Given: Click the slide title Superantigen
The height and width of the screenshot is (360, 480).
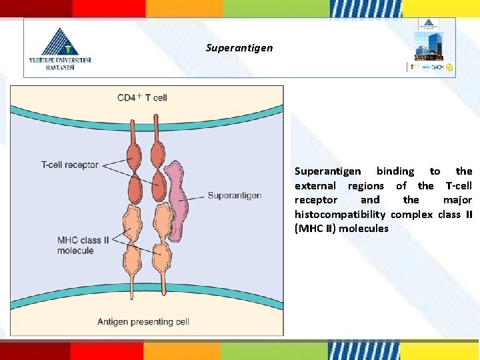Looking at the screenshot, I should click(x=239, y=48).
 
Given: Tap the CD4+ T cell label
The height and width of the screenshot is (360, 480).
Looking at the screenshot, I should click(x=142, y=98).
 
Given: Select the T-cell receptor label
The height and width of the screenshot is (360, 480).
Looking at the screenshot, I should click(x=69, y=165).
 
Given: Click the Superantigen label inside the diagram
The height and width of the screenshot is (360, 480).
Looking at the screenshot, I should click(x=234, y=196).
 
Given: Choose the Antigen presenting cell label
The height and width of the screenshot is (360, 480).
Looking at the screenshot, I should click(x=143, y=322).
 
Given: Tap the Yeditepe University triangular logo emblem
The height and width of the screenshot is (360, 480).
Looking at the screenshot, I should click(x=61, y=41).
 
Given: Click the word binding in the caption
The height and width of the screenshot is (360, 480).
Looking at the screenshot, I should click(x=395, y=171).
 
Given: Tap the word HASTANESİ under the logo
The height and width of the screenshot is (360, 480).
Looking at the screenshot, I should click(x=60, y=67).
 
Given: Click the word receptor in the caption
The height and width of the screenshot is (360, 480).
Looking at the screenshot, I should click(x=316, y=200).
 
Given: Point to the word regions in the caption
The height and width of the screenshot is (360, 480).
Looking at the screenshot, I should click(x=365, y=186).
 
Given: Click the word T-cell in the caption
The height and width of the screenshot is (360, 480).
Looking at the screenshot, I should click(x=458, y=186).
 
